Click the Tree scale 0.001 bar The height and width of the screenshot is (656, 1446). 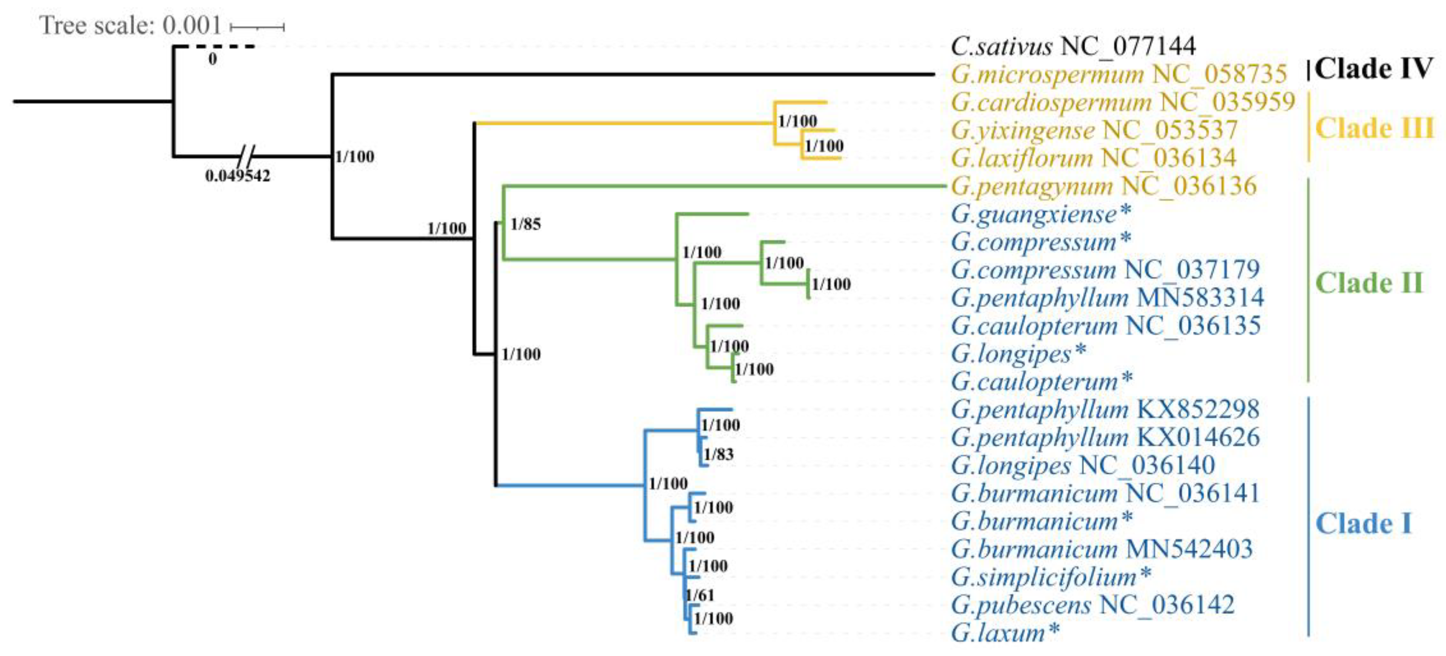click(257, 26)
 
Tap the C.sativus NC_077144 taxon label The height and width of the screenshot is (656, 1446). click(1073, 46)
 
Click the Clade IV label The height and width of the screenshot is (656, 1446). click(1373, 69)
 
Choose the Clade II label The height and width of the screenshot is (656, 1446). click(1369, 282)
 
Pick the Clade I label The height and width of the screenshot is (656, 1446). click(1363, 524)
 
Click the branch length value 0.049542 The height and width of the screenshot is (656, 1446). click(237, 176)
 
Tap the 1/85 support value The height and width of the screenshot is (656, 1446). click(526, 224)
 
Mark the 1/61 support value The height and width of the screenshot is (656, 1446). click(699, 595)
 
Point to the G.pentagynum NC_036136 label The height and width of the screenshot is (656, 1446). click(1104, 186)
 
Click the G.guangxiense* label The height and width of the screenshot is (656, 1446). click(1041, 214)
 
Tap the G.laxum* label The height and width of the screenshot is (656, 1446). click(1005, 633)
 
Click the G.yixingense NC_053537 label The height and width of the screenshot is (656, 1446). click(1093, 130)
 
